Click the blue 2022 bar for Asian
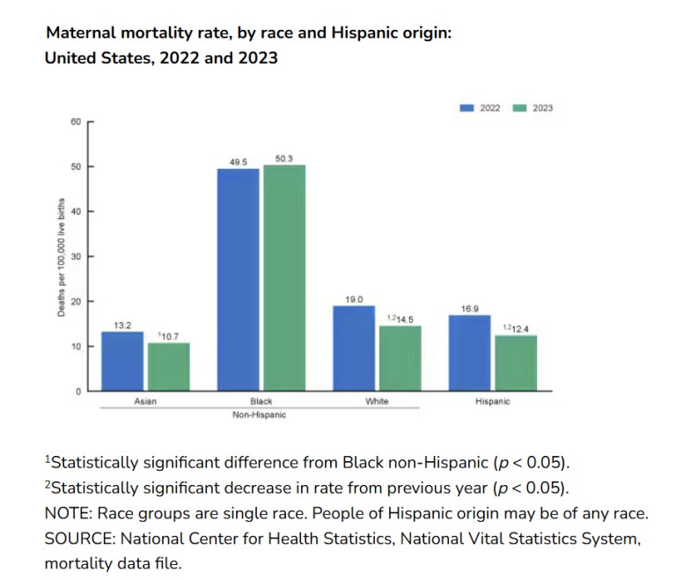coord(122,361)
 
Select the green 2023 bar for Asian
coord(168,366)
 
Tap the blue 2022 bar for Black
coord(238,279)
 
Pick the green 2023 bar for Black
coord(283,277)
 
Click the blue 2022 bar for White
coord(354,348)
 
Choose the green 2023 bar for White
coord(400,358)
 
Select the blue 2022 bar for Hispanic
coord(469,352)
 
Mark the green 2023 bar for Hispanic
coord(515,363)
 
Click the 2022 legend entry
coord(481,108)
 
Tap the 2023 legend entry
coord(533,108)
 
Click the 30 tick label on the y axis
coord(76,256)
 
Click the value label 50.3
coord(283,158)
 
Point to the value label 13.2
coord(122,325)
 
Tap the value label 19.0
coord(354,299)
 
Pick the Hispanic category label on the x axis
coord(492,401)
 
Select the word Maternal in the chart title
coord(81,33)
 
